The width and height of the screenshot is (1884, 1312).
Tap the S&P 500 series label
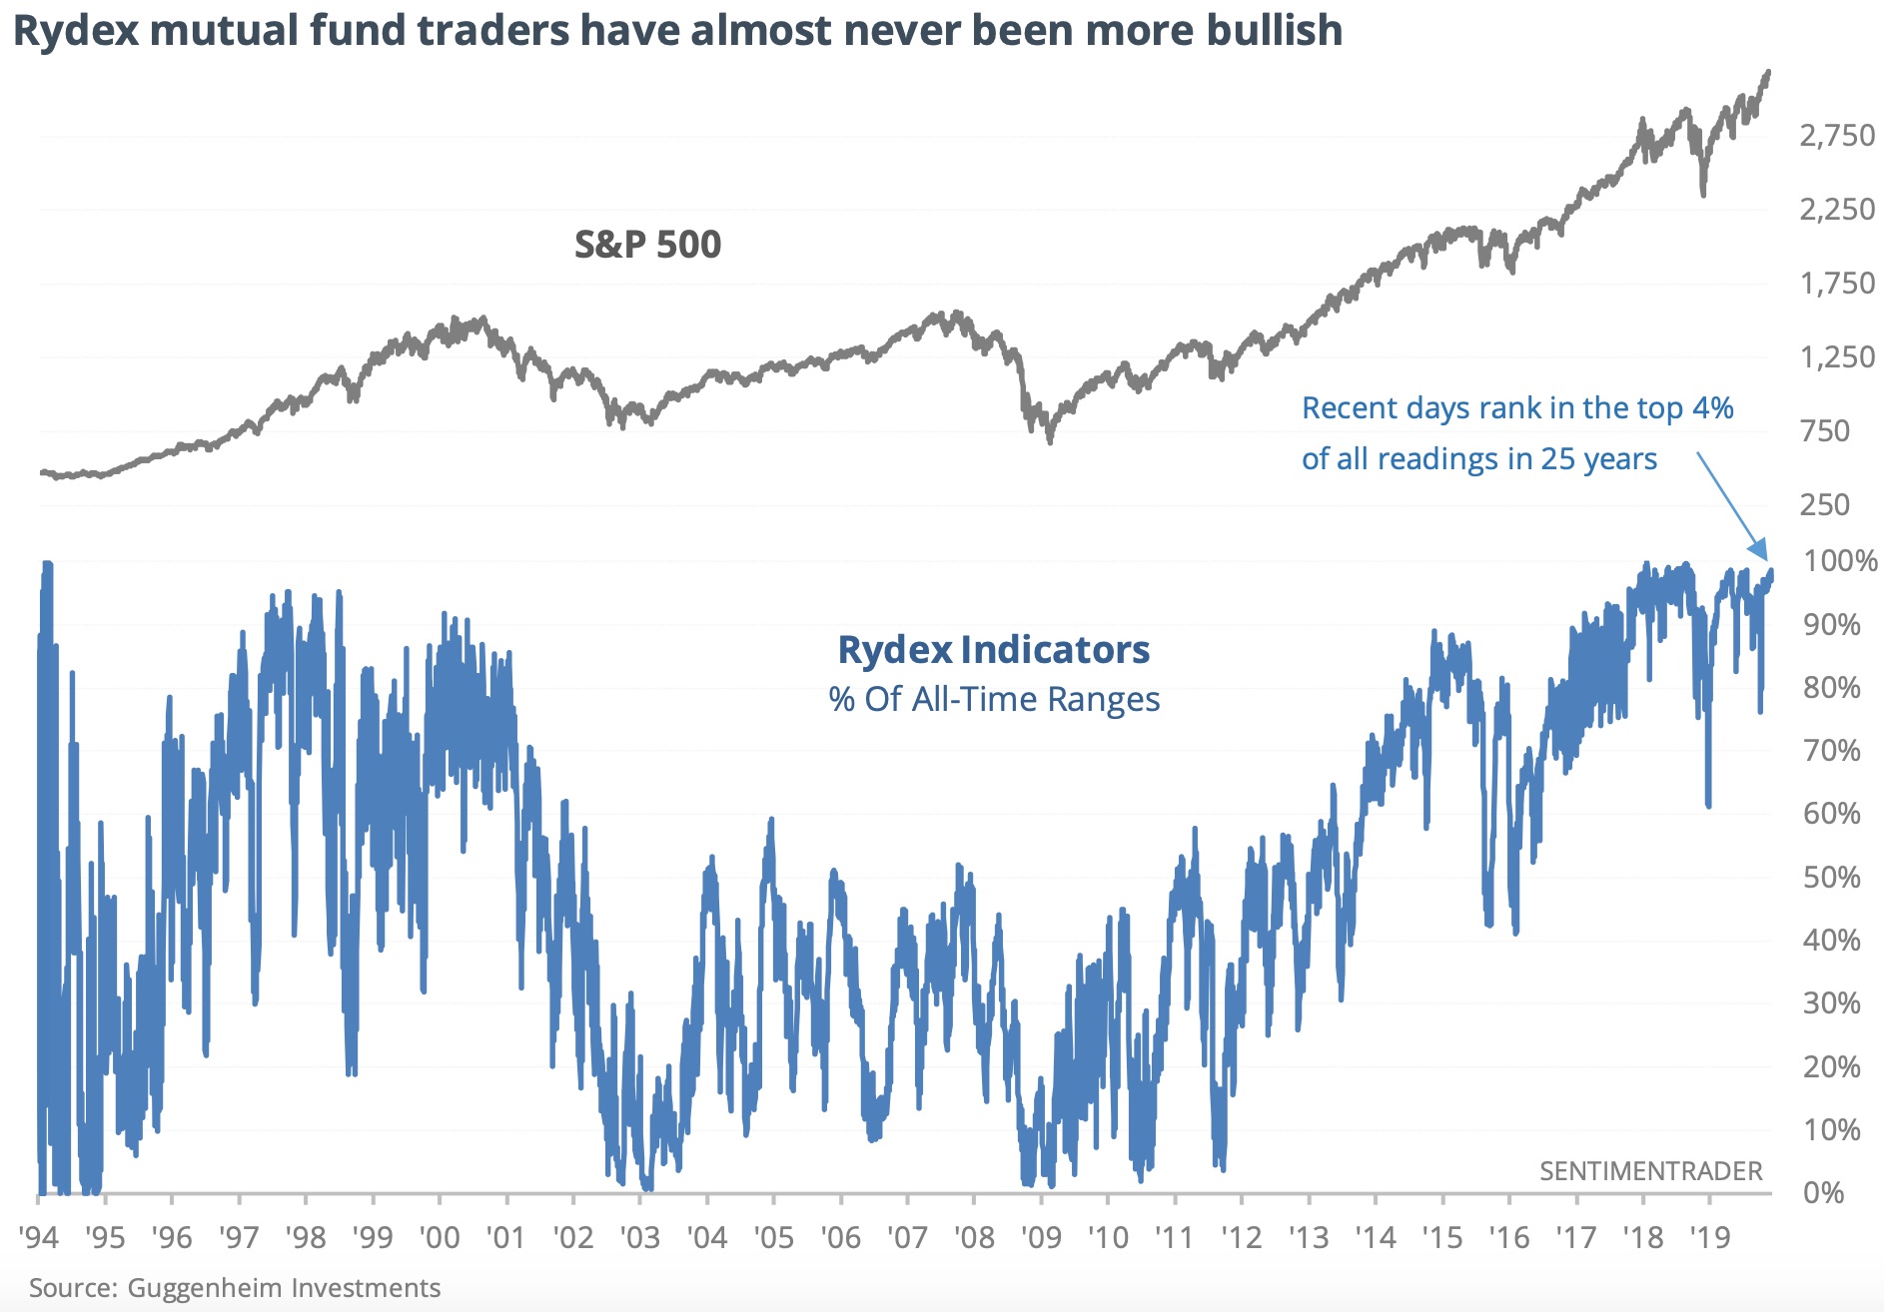coord(647,245)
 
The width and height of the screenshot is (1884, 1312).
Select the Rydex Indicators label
coord(993,650)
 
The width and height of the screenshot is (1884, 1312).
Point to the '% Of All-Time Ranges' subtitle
coord(994,699)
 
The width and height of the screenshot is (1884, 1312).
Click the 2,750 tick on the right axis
coord(1836,135)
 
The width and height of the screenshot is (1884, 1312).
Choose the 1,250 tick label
coord(1836,356)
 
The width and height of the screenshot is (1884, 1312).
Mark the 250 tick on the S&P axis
coord(1825,504)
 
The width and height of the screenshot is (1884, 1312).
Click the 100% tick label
coord(1839,560)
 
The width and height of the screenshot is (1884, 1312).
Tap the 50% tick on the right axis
coord(1832,877)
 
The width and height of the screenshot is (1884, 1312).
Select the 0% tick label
coord(1824,1192)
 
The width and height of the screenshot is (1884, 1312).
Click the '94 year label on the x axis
coord(39,1238)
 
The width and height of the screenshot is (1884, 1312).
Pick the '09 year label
coord(1041,1238)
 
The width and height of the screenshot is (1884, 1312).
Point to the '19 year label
coord(1709,1238)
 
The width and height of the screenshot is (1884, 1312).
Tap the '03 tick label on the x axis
coord(639,1238)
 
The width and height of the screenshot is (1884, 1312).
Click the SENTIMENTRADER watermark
coord(1650,1171)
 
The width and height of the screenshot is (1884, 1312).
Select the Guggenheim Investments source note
coord(235,1288)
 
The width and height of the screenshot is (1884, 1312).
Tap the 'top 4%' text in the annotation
coord(1684,408)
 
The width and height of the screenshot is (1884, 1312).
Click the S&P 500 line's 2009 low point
coord(1050,440)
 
